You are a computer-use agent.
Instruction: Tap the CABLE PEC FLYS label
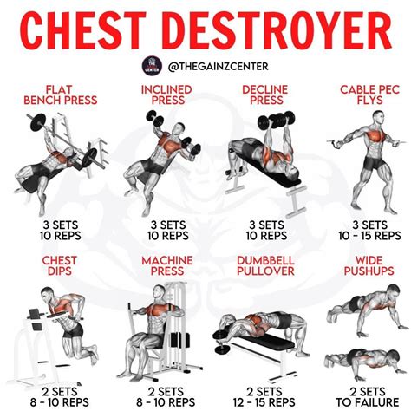360,95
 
